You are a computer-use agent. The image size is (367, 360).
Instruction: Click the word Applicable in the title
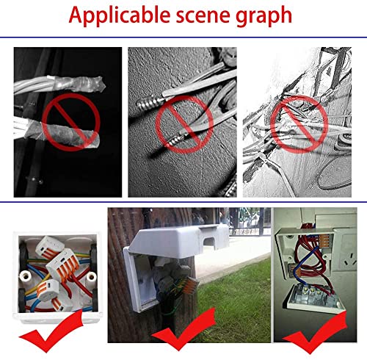pos(120,15)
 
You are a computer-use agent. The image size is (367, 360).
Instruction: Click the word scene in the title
pos(203,16)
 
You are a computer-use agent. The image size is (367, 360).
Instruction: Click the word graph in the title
pos(264,17)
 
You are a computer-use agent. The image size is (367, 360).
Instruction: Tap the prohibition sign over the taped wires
pos(71,122)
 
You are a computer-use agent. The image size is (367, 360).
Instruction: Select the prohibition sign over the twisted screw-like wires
pos(184,125)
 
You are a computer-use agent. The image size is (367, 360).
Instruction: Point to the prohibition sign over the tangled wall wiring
pos(299,124)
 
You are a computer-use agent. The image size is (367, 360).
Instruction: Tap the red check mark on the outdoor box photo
pos(183,328)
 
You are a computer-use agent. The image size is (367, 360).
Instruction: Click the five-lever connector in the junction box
pos(63,263)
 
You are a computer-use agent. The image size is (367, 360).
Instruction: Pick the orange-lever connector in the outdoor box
pos(189,284)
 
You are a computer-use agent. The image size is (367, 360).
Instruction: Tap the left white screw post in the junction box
pos(25,278)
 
